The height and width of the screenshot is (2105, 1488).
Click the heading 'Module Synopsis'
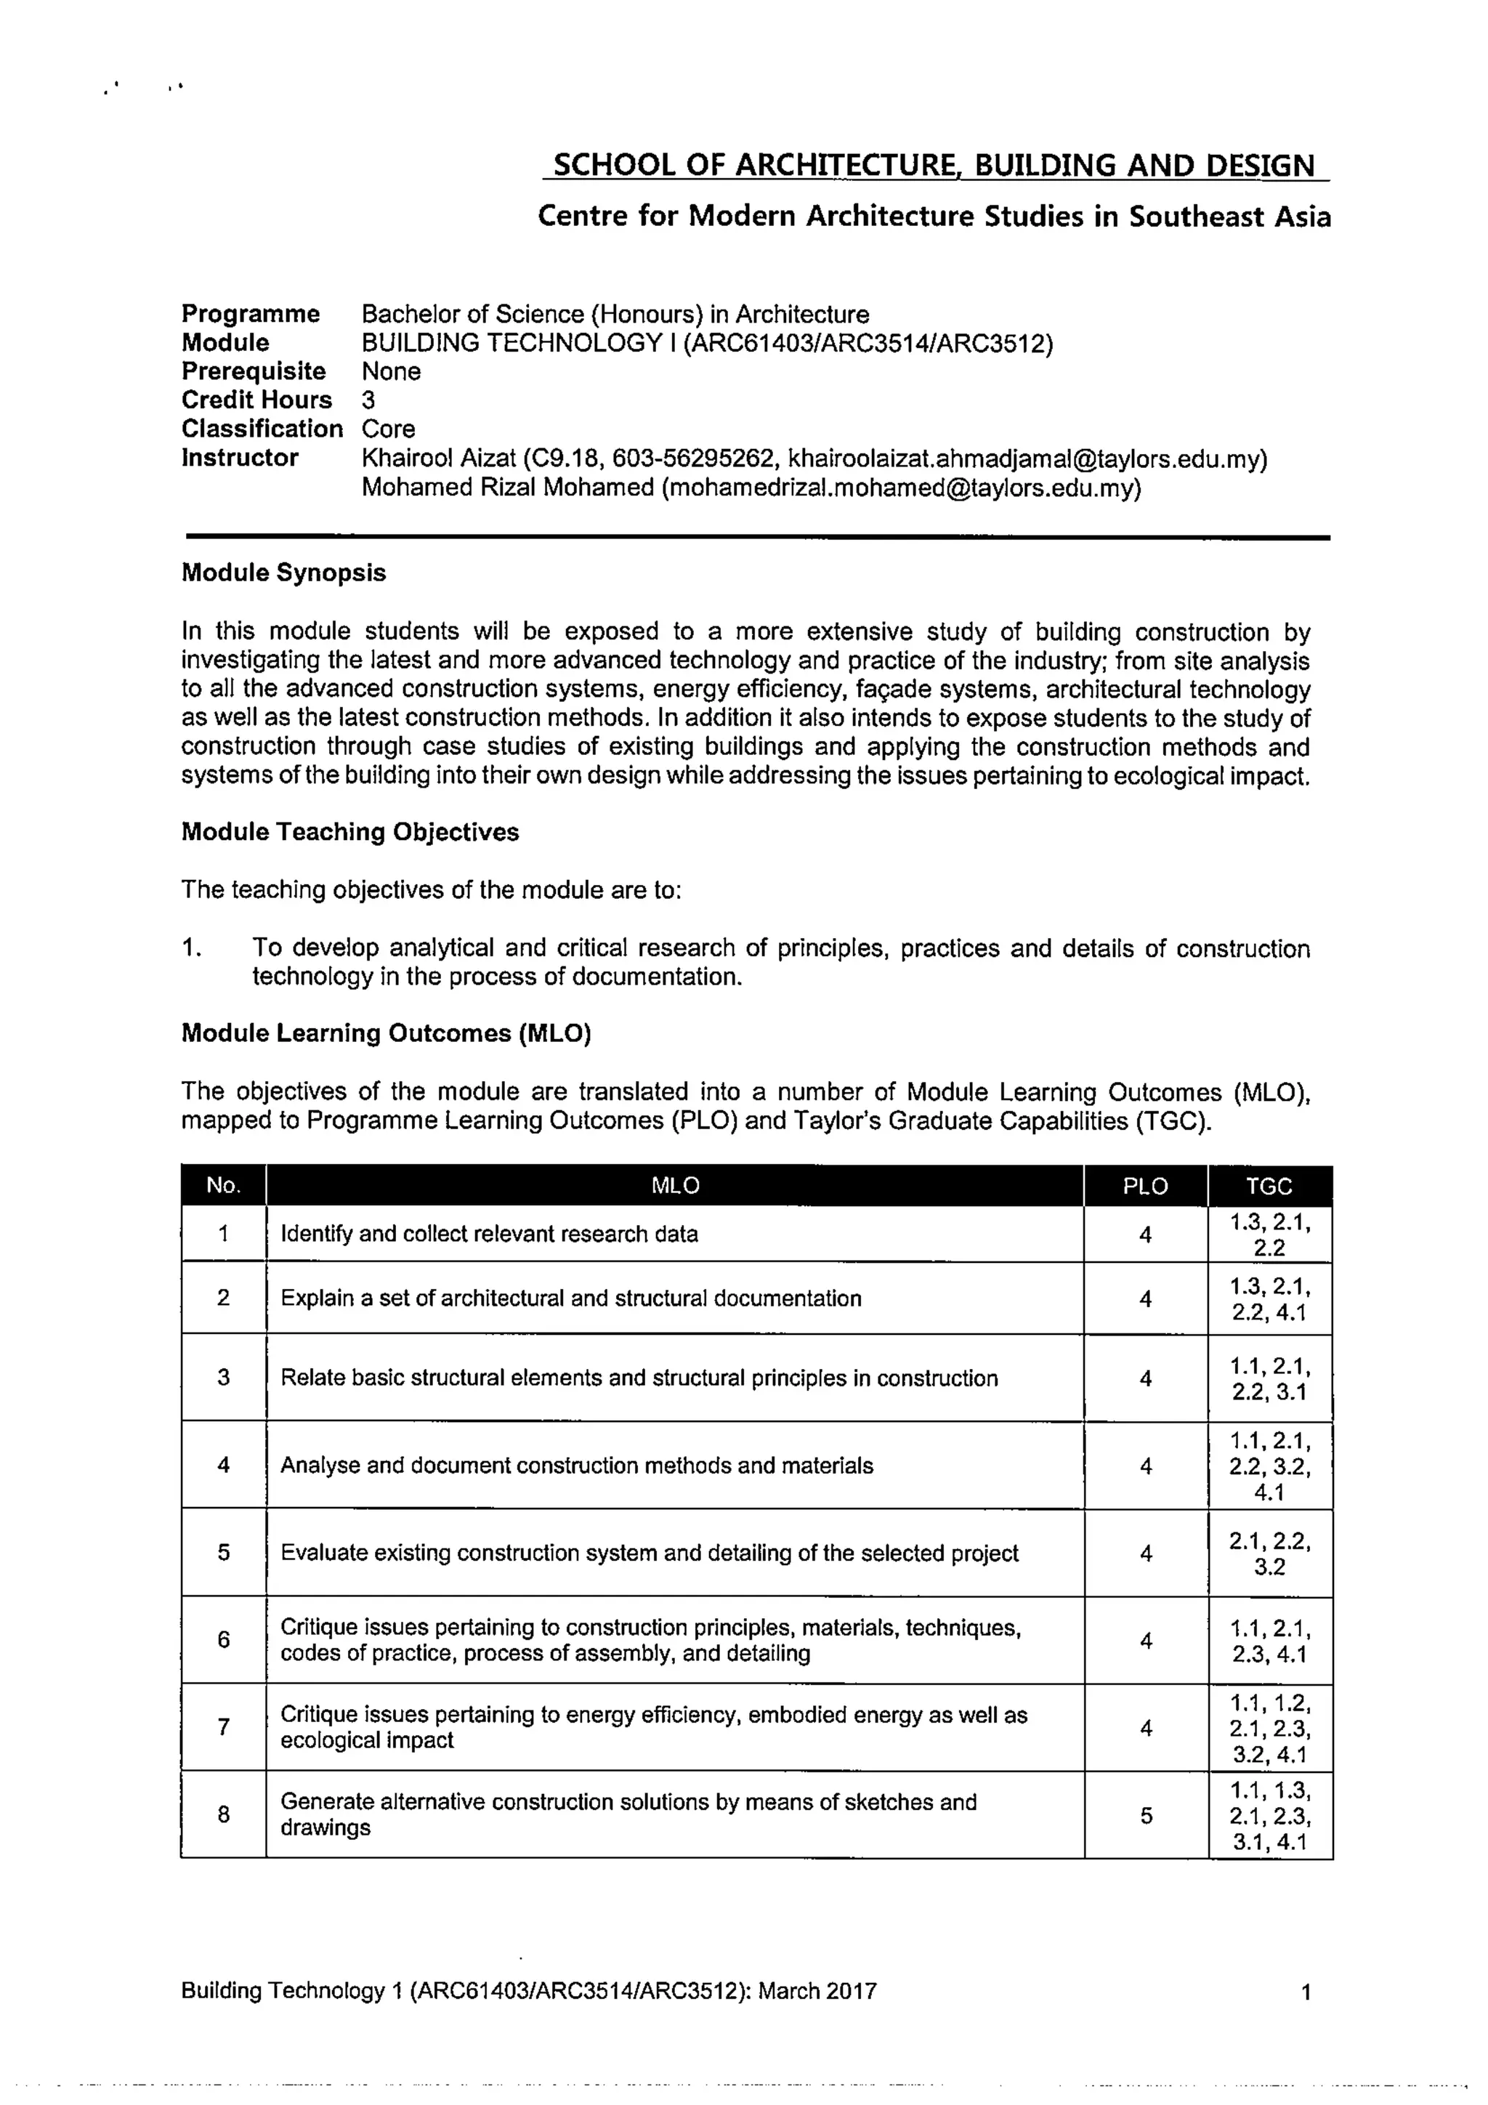283,573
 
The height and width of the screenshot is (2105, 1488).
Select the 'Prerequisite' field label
253,371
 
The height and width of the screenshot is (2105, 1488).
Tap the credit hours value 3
368,400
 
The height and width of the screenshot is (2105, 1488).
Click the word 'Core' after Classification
388,429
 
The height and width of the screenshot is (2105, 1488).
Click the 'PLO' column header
1145,1187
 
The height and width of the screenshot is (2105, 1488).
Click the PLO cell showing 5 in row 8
1146,1817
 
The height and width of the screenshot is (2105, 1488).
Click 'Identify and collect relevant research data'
489,1234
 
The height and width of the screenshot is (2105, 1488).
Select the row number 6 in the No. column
224,1639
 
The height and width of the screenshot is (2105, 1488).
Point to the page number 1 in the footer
1306,1992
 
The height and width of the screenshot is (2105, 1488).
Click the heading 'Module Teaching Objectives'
349,833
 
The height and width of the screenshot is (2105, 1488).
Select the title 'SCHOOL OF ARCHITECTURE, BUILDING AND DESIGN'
934,166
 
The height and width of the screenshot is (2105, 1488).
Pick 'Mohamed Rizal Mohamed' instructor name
507,488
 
